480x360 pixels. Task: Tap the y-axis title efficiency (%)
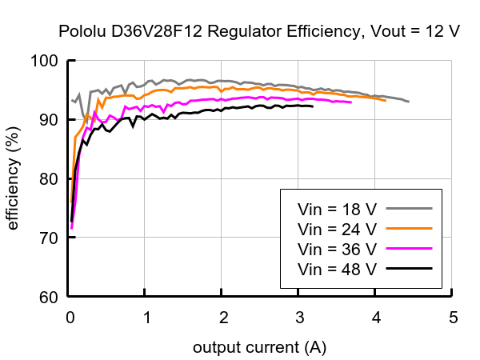click(14, 178)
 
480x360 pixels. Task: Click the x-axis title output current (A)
click(259, 348)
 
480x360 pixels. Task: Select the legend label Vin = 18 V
click(337, 209)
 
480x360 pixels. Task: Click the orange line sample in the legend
click(409, 228)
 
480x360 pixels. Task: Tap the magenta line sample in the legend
click(409, 248)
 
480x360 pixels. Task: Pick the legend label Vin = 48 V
click(337, 268)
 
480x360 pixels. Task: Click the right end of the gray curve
click(408, 102)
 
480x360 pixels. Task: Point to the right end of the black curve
click(312, 106)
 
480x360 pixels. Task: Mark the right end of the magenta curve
click(350, 102)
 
